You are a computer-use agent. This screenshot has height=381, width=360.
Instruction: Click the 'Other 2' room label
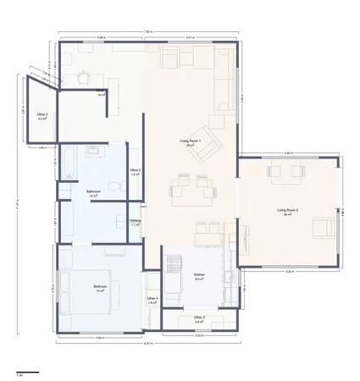[42, 115]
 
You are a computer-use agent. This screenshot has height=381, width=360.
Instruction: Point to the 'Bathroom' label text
[93, 192]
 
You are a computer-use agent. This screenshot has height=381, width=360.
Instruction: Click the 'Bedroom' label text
[100, 287]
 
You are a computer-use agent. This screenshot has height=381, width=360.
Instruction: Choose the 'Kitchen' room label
[199, 276]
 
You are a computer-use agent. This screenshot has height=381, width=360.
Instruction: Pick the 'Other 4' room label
[152, 299]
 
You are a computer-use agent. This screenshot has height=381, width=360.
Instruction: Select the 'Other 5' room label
[135, 172]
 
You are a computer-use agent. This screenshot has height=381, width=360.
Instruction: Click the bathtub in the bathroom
[69, 163]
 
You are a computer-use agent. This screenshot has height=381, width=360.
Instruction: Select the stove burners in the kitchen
[175, 268]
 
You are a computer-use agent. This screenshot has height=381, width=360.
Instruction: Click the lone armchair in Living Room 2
[323, 227]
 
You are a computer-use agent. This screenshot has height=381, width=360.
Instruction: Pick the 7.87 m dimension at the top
[148, 32]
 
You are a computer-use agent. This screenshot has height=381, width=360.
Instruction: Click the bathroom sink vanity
[94, 152]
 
